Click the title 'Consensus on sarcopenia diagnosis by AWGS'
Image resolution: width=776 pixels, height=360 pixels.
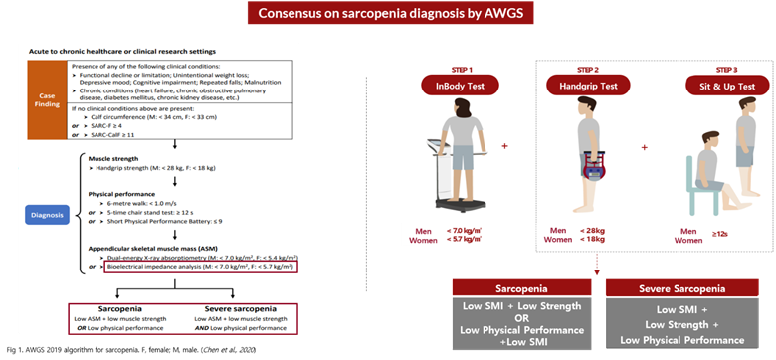(x=388, y=14)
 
